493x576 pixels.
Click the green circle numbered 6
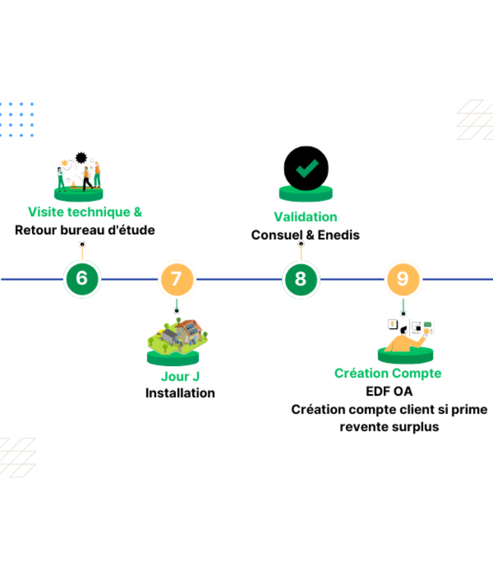point(82,279)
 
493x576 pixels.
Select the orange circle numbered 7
point(176,279)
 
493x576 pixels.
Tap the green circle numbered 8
point(301,279)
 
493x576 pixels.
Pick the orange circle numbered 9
point(402,279)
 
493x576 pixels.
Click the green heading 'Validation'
point(306,217)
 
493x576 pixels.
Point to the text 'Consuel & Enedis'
point(306,235)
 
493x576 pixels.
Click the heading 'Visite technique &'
point(85,212)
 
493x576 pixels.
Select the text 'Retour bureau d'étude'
point(85,230)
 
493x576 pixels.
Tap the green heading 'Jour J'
point(180,376)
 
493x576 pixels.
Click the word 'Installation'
point(180,393)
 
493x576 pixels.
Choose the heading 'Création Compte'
point(387,373)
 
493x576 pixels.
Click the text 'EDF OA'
point(389,392)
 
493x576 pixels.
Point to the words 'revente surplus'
point(389,426)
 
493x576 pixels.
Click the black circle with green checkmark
point(306,168)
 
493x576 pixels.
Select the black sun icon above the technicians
point(81,157)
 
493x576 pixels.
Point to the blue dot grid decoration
point(17,119)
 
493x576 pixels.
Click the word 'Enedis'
point(339,235)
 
